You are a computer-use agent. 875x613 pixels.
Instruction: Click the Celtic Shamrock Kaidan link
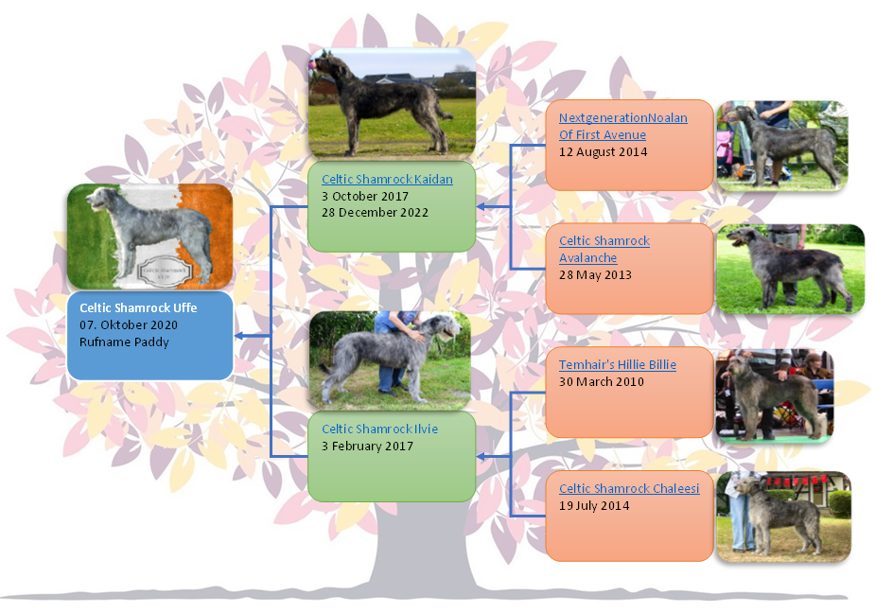387,179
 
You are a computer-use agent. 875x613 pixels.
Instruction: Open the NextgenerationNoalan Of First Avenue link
622,126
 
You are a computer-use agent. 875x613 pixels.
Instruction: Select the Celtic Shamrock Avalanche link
604,249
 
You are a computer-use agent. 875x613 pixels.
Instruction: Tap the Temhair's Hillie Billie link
618,364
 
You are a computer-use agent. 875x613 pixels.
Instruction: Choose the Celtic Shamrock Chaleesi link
629,488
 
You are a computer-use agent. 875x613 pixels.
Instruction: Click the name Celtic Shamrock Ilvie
379,429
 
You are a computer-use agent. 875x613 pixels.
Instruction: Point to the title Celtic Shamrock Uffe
138,307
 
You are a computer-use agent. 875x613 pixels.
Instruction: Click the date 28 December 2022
375,213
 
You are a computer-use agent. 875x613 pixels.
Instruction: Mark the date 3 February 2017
367,447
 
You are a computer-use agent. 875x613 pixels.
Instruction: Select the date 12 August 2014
604,152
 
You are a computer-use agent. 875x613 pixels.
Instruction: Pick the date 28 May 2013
595,274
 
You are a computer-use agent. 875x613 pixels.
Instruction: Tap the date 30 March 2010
602,382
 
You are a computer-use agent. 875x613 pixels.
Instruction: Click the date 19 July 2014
594,506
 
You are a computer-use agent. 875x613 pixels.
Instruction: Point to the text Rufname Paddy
124,342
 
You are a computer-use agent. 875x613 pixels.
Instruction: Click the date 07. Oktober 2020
129,324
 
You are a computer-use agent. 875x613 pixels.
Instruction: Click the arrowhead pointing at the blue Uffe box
238,336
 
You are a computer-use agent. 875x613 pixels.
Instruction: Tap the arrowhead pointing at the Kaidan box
481,206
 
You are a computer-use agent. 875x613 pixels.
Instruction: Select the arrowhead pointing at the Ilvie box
481,457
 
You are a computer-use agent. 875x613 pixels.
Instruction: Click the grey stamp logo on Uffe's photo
164,271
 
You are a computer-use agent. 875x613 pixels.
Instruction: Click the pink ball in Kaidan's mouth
313,64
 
